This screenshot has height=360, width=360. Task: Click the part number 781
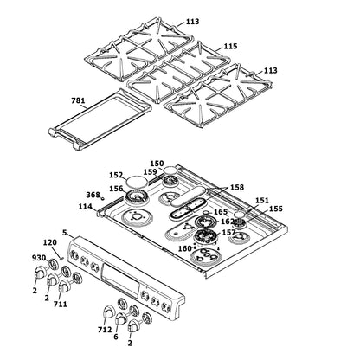[x=78, y=100]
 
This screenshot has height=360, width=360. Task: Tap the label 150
[x=157, y=163]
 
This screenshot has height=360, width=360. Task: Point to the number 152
[x=116, y=174]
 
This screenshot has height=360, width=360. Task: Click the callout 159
[x=150, y=171]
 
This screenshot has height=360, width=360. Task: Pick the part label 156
[x=115, y=188]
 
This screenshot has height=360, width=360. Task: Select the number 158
[x=236, y=187]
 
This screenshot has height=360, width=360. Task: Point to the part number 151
[x=261, y=200]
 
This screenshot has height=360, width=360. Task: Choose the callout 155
[x=275, y=209]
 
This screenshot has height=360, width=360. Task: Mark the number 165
[x=221, y=211]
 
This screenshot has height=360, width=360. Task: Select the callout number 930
[x=39, y=258]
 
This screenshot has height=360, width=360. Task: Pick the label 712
[x=105, y=329]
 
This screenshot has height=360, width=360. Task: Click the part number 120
[x=49, y=244]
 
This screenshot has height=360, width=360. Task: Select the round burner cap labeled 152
[x=136, y=180]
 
